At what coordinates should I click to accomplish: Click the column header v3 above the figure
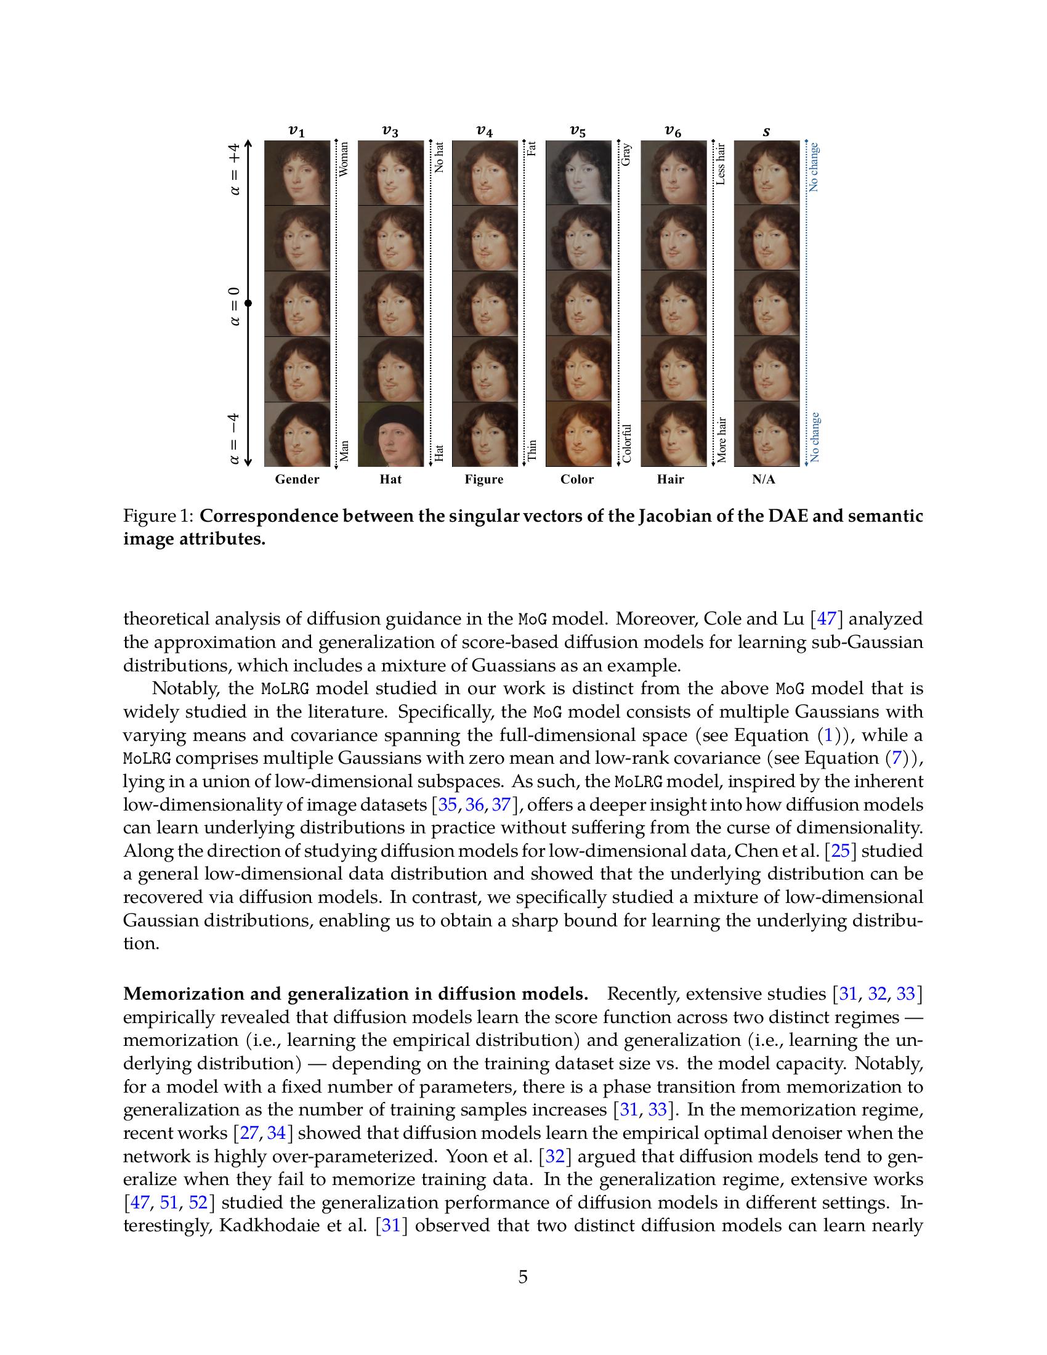pos(390,131)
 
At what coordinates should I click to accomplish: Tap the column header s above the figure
pos(767,131)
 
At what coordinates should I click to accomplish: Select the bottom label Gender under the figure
pos(297,480)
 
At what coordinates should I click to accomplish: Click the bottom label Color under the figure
pos(577,480)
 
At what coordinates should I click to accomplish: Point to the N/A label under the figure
pos(764,480)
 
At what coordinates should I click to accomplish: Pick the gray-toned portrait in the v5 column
pos(578,172)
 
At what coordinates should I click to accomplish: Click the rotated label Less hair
pos(720,164)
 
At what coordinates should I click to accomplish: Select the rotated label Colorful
pos(626,443)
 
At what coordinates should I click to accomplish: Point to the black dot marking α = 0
pos(248,304)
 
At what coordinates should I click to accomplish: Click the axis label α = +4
pos(235,169)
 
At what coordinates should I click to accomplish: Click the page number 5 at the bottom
pos(523,1277)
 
